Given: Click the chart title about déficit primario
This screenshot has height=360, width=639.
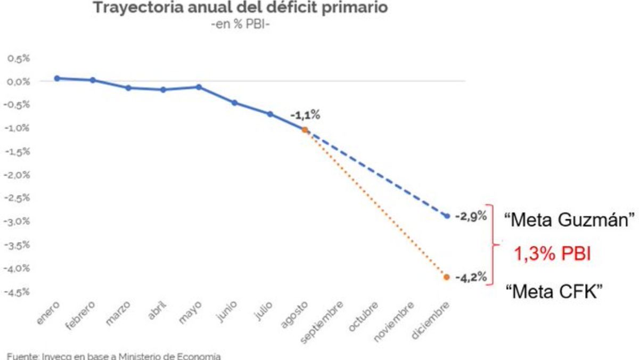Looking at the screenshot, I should (240, 8).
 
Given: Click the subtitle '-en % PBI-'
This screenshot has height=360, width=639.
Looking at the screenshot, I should (240, 24).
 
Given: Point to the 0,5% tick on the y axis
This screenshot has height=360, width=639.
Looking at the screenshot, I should (19, 59).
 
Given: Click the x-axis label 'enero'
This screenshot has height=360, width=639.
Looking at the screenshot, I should (50, 311).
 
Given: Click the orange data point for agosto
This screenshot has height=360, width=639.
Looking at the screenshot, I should (305, 129).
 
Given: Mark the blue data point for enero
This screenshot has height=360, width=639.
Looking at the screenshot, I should (57, 78).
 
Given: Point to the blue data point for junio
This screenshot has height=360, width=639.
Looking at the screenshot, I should (234, 103).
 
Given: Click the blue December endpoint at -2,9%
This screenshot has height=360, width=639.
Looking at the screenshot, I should (447, 216).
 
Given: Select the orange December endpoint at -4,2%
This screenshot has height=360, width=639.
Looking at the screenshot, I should (447, 277).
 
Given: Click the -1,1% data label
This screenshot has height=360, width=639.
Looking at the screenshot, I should (306, 115).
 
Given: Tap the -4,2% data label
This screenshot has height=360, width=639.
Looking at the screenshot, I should (471, 277).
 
